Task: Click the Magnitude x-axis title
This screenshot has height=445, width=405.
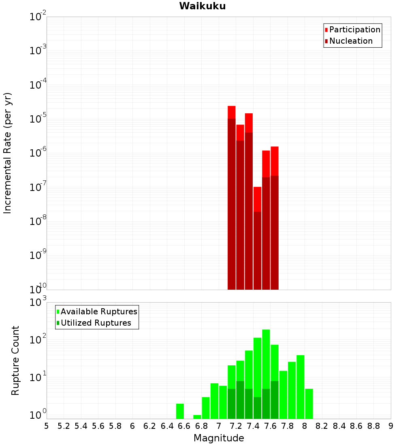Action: click(219, 438)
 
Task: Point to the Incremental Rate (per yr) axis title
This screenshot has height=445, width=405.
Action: click(8, 153)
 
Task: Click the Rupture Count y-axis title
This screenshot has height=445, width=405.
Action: click(15, 360)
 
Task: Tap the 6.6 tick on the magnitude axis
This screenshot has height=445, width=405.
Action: click(184, 426)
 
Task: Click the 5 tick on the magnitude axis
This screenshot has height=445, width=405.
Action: click(47, 426)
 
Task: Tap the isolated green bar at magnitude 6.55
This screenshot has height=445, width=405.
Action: click(180, 411)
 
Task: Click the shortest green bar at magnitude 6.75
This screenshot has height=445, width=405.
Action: click(197, 417)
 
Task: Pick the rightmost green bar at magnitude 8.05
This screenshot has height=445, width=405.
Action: click(309, 404)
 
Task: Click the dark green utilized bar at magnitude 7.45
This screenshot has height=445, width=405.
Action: click(257, 408)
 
